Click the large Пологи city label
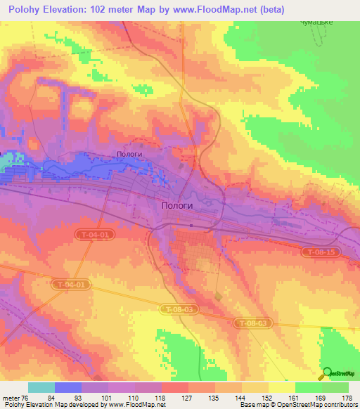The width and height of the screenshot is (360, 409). [173, 203]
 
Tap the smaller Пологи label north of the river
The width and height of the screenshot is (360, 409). [129, 155]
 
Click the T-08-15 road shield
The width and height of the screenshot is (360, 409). [319, 251]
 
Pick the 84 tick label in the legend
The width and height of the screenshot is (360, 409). [51, 398]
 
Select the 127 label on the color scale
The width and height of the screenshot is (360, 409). [186, 398]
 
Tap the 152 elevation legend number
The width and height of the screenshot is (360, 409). [266, 398]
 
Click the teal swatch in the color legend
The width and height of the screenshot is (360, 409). [41, 387]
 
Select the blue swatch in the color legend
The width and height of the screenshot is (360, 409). [67, 387]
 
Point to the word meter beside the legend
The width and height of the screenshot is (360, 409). [11, 398]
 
